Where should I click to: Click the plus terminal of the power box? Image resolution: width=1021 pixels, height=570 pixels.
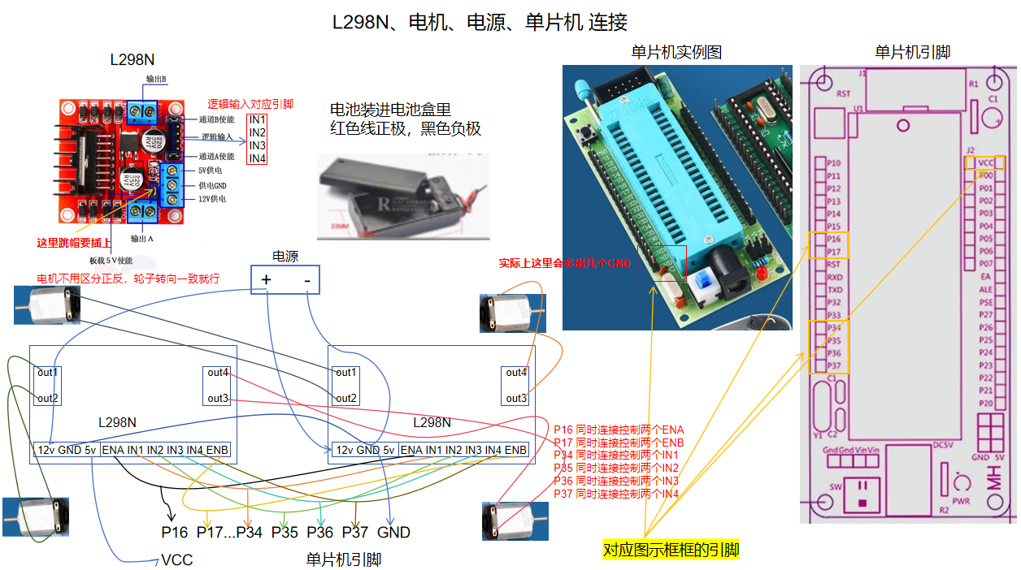(265, 281)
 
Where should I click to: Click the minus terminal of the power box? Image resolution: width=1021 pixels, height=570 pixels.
(306, 281)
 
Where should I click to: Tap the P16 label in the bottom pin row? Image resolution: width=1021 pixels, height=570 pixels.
(175, 533)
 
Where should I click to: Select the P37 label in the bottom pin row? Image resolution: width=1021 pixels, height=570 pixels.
(355, 533)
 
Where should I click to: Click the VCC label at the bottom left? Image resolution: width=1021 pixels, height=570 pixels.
(176, 560)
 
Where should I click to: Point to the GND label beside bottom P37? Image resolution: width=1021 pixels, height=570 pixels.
(393, 533)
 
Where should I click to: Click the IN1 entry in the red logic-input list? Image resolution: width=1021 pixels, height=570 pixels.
(257, 120)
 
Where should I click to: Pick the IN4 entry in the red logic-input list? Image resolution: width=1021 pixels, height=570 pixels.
(257, 158)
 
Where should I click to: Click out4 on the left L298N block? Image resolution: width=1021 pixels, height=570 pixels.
(217, 373)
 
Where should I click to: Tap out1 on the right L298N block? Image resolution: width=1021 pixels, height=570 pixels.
(346, 373)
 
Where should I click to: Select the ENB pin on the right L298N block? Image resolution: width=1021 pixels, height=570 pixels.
(515, 450)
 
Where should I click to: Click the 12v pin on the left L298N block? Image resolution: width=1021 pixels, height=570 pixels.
(46, 450)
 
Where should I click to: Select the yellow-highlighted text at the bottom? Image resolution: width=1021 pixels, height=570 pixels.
(671, 551)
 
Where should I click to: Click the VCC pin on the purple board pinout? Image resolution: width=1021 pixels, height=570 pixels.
(985, 162)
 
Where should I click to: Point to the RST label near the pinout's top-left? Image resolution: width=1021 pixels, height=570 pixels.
(843, 94)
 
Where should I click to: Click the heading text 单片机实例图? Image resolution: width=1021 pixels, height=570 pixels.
(676, 53)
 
